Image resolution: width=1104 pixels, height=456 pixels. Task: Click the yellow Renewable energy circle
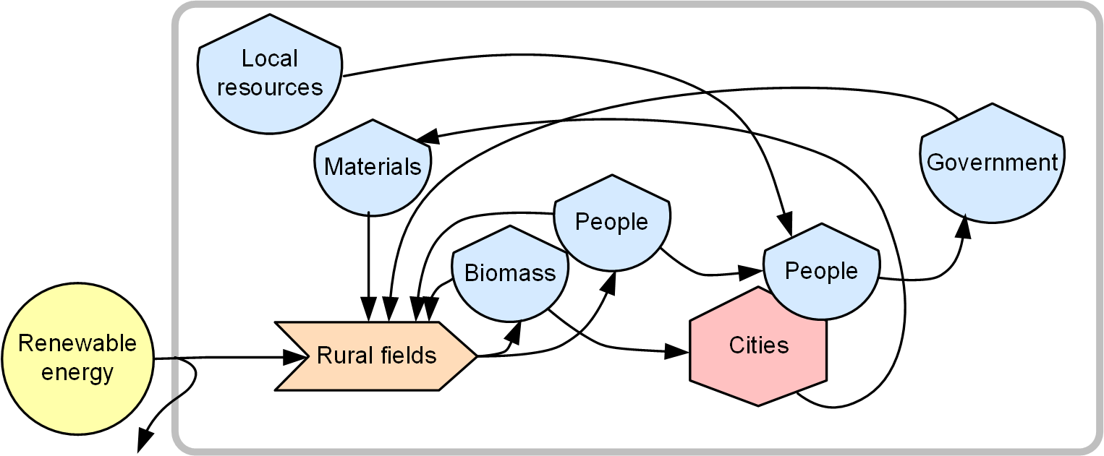point(77,358)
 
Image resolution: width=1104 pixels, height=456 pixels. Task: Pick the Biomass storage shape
point(509,275)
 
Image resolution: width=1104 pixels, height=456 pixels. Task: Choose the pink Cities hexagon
point(758,347)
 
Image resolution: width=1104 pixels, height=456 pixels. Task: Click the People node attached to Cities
point(821,272)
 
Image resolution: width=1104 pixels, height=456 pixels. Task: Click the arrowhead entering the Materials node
point(427,137)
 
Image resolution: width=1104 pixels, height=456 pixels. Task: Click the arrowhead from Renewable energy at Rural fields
point(292,356)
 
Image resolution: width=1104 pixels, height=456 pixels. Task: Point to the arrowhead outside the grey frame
point(145,438)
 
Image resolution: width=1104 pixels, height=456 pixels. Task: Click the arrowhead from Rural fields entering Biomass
point(514,332)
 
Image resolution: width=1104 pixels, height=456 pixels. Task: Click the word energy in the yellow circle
point(77,373)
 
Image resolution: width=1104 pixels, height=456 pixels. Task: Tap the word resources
point(269,88)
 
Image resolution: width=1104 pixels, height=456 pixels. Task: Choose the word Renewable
point(77,343)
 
